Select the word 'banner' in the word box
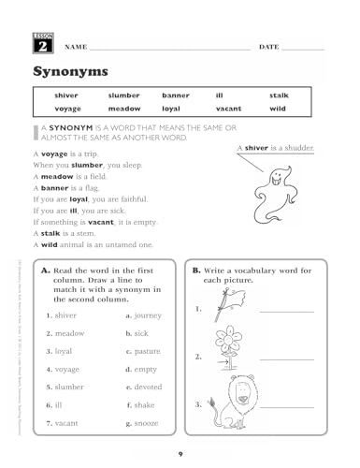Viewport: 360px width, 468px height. tap(175, 95)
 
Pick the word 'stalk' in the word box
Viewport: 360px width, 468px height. tap(279, 95)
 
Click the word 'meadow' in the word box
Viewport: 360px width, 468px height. tap(123, 109)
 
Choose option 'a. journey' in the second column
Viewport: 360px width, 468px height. tap(144, 315)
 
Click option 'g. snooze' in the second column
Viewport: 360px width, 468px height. tap(144, 424)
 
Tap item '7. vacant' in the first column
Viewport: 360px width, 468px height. tap(65, 423)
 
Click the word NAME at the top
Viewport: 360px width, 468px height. tap(76, 46)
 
